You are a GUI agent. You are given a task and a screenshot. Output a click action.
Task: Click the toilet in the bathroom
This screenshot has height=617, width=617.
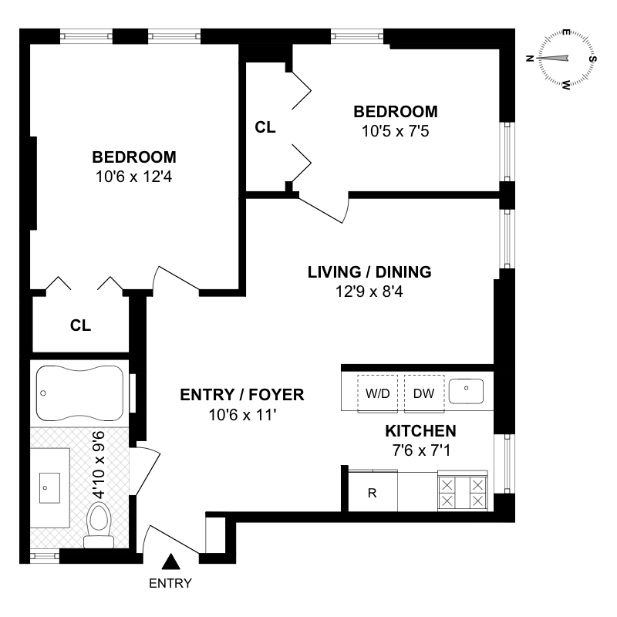[x=99, y=525]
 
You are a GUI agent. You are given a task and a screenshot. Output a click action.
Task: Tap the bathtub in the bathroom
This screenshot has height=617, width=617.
[x=79, y=393]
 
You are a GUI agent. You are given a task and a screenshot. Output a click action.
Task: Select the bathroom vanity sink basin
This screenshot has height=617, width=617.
[x=49, y=488]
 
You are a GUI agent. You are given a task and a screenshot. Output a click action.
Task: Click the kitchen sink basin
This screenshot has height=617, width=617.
[x=467, y=391]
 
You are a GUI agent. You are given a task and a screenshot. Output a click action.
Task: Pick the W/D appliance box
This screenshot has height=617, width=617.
[x=377, y=393]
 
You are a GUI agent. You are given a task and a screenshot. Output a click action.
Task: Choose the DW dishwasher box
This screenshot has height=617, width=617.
[x=424, y=393]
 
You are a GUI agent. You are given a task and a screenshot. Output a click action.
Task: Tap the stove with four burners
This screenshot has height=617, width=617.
[x=462, y=491]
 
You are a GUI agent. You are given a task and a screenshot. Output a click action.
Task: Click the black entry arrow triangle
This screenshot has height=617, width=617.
[x=171, y=561]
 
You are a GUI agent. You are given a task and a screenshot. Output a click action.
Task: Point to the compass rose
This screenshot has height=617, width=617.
[x=565, y=59]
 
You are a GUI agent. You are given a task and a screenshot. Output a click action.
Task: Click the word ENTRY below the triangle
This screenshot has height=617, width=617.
[x=170, y=583]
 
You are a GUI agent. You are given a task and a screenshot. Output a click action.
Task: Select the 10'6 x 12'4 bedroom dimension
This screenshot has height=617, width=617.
[x=133, y=177]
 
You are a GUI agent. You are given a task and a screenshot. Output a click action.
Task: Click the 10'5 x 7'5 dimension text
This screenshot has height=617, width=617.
[x=396, y=131]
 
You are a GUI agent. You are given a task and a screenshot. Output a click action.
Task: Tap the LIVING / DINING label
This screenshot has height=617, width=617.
[x=369, y=272]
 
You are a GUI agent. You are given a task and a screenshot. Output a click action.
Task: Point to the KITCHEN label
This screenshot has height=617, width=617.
[x=420, y=431]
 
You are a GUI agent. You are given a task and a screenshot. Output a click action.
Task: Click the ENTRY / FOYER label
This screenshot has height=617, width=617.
[x=242, y=395]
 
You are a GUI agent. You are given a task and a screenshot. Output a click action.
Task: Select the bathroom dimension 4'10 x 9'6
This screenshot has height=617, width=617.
[x=99, y=465]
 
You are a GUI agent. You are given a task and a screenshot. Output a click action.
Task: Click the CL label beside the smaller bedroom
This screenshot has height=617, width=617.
[x=265, y=127]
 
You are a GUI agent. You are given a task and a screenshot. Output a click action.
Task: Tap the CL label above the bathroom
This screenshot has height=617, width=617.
[x=81, y=325]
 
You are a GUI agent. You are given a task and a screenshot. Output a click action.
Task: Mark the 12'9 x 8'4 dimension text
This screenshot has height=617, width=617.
[x=369, y=292]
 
